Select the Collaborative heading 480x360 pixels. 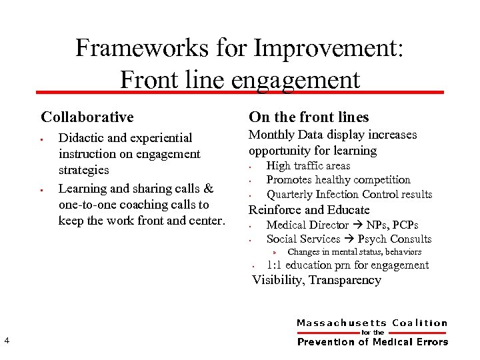point(87,117)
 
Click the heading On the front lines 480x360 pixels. point(309,117)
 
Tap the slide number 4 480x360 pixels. point(6,341)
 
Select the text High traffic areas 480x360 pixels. point(308,166)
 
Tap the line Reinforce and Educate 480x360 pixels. point(309,210)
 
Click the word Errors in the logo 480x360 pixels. point(431,342)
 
